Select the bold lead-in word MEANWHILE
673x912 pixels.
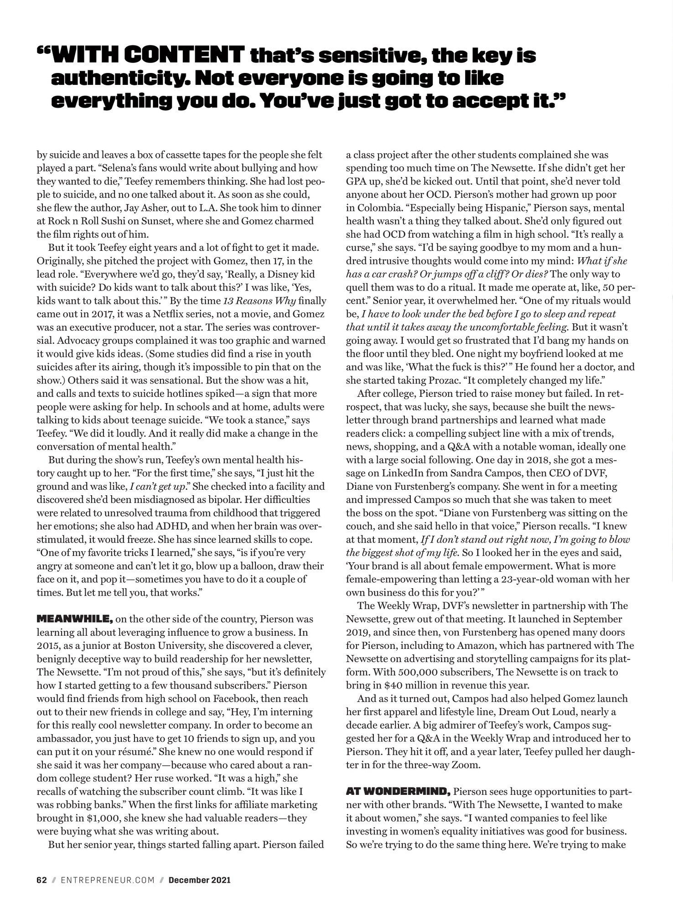[74, 620]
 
